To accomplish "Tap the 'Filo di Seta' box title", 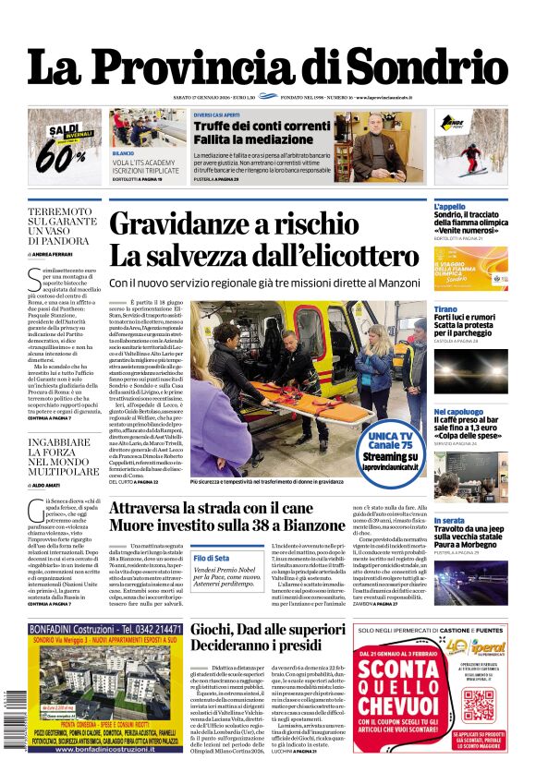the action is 212,559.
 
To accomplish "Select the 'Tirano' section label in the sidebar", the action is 446,309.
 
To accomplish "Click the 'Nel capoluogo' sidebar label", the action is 458,411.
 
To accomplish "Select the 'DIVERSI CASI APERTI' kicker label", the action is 218,115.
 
